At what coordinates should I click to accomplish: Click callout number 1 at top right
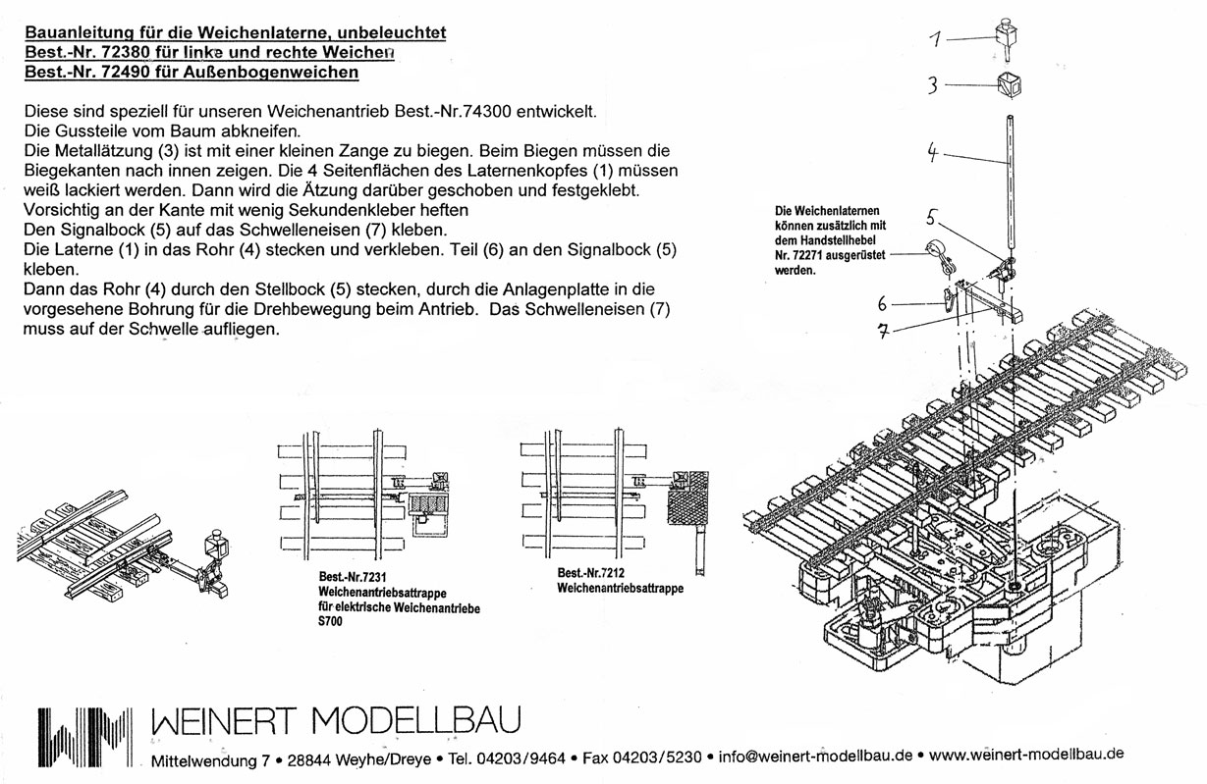pos(936,39)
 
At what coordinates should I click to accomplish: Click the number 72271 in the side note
pos(809,254)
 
